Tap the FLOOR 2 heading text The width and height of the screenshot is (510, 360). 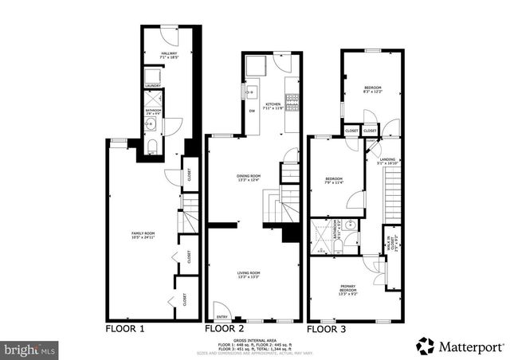tap(226, 328)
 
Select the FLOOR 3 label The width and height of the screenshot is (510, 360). tap(327, 328)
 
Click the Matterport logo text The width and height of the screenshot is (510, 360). tap(469, 346)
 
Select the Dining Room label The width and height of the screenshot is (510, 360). tap(249, 177)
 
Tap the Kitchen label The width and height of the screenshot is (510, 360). tap(273, 105)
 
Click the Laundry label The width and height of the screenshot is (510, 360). tap(153, 85)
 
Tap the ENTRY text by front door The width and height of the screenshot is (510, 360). tap(222, 316)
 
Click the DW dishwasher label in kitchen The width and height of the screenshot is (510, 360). tap(253, 111)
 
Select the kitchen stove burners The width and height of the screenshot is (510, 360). tap(292, 101)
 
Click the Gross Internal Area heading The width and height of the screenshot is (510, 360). tap(254, 338)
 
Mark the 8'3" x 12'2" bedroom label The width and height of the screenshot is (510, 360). tap(373, 89)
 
